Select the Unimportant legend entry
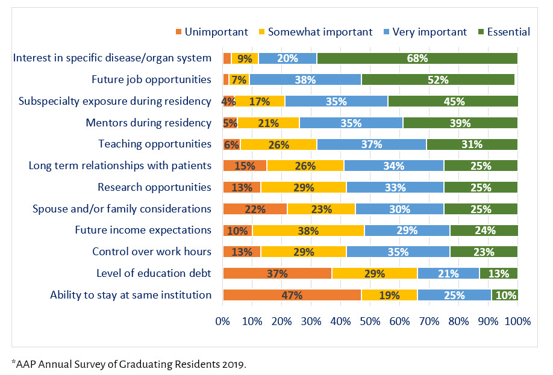211,32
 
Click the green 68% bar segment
417,58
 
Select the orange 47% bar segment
292,295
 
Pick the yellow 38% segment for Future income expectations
308,230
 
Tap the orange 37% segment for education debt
277,273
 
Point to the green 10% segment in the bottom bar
504,295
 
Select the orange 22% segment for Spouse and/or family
255,209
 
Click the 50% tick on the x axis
370,321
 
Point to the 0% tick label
223,321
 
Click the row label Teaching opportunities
155,144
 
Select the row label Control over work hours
152,251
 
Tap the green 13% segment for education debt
498,273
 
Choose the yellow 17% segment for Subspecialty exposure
259,101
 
